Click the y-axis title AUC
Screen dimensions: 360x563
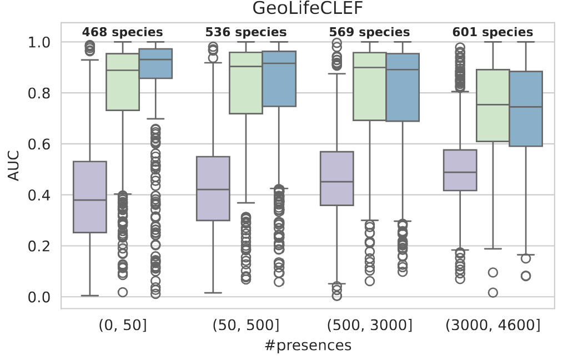(x=14, y=166)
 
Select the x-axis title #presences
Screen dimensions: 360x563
(x=308, y=346)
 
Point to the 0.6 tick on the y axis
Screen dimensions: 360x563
(x=41, y=144)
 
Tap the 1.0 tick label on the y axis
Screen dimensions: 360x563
(x=41, y=42)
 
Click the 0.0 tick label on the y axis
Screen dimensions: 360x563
(x=41, y=297)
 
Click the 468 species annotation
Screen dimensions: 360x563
(x=123, y=32)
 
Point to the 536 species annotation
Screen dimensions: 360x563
(x=246, y=32)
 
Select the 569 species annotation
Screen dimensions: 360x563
(x=369, y=32)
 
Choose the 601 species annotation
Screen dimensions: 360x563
(x=492, y=32)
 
